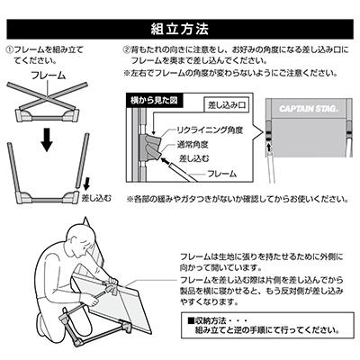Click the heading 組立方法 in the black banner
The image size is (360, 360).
point(180,29)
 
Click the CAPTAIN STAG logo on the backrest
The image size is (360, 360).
point(309,109)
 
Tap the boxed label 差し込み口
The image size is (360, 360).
point(227,105)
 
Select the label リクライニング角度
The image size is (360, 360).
point(210,130)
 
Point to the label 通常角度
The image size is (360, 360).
point(193,145)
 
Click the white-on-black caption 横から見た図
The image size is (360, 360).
point(154,101)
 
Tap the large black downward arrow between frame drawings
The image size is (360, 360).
point(47,139)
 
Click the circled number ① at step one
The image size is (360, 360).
point(11,49)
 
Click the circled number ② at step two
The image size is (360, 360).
point(126,49)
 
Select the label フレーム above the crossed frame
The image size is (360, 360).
point(49,76)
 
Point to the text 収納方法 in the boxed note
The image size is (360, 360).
point(210,320)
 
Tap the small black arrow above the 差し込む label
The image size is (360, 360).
point(86,184)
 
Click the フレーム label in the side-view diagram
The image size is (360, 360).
point(221,174)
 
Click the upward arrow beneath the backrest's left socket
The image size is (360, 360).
point(269,147)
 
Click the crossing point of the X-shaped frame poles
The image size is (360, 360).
point(47,97)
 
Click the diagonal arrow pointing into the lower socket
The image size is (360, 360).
point(166,161)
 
